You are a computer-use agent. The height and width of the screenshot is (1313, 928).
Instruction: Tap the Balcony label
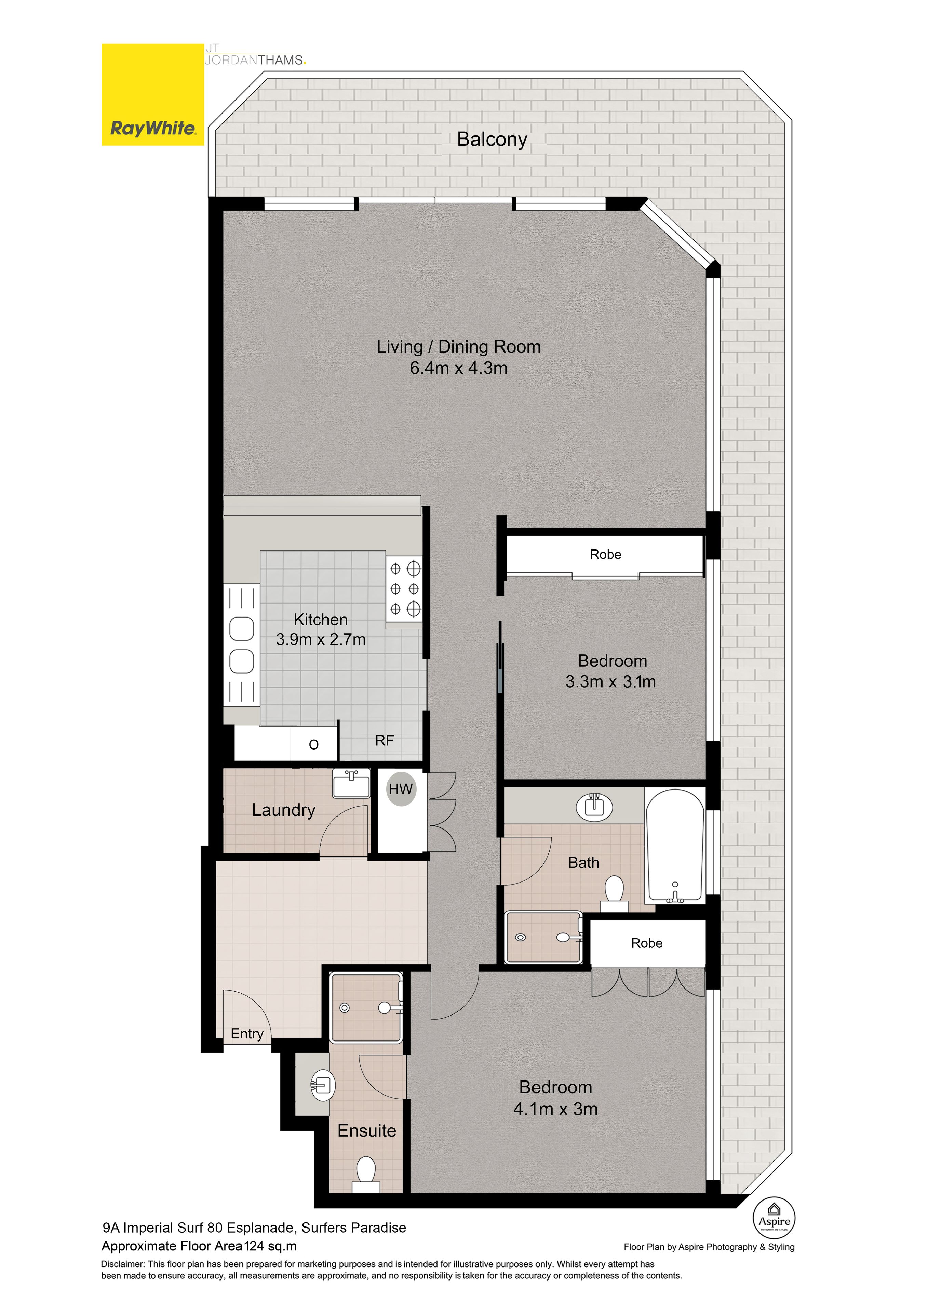tap(492, 140)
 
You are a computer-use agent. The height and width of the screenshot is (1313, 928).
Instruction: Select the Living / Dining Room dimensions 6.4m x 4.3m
tap(459, 368)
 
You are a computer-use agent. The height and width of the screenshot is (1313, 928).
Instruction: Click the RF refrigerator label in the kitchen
tap(384, 741)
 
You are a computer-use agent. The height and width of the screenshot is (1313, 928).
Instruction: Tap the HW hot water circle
tap(401, 789)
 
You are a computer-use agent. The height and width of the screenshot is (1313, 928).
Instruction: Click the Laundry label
tap(284, 810)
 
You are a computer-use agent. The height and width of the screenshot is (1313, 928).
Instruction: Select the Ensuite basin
tap(322, 1085)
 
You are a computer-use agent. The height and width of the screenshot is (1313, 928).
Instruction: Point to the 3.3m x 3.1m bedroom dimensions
tap(611, 682)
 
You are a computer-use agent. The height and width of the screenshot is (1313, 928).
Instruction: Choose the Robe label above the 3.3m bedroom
tap(606, 554)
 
